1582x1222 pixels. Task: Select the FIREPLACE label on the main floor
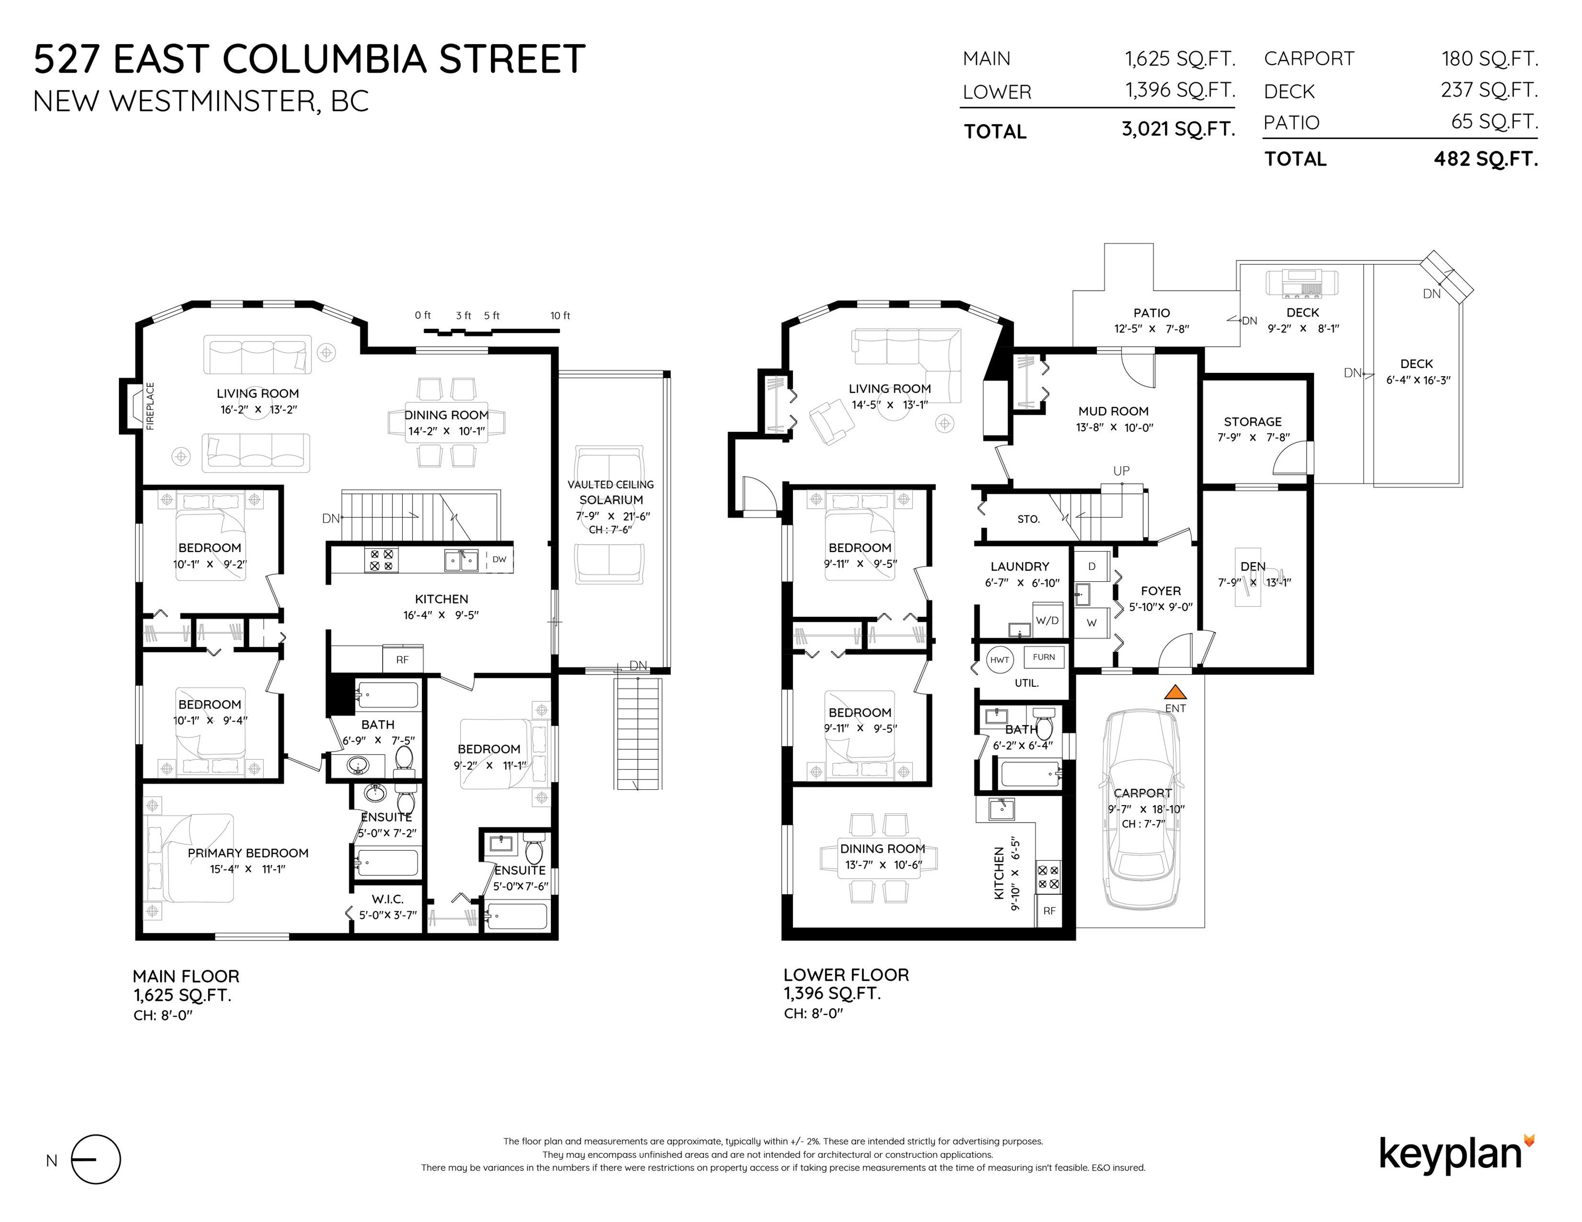(x=151, y=406)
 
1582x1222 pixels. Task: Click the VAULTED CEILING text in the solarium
(x=611, y=484)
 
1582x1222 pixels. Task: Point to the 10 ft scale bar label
(x=560, y=316)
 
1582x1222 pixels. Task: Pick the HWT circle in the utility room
(x=1000, y=659)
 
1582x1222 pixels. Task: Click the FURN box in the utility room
(x=1044, y=657)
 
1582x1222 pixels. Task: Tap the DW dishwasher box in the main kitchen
(x=499, y=559)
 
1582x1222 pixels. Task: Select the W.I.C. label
(x=387, y=899)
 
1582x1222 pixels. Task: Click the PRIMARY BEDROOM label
(x=248, y=853)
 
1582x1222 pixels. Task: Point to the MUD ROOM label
(x=1113, y=411)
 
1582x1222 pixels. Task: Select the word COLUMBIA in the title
(x=324, y=59)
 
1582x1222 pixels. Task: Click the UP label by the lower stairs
(x=1121, y=472)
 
